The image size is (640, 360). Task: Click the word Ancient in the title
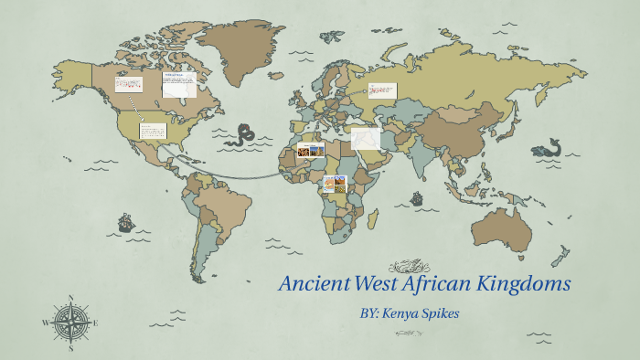313,283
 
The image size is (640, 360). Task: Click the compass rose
70,323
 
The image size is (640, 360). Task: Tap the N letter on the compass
70,298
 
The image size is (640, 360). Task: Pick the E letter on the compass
96,323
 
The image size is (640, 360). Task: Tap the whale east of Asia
549,149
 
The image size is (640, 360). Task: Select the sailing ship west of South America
125,222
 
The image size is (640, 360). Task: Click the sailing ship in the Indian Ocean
417,198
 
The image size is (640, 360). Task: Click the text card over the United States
153,131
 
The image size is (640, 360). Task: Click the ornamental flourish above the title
409,267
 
